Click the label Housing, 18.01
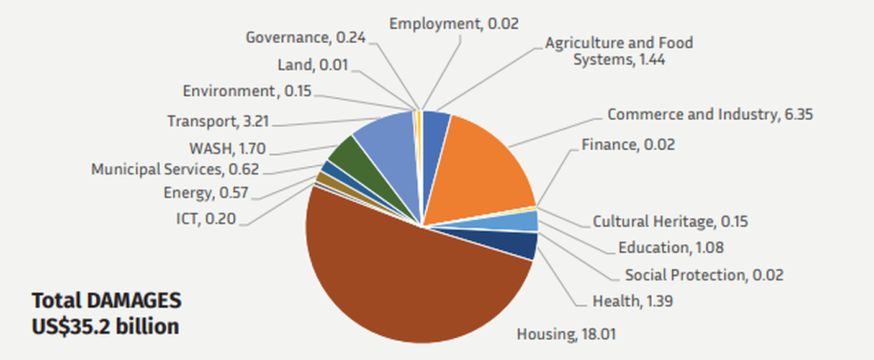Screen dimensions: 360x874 coord(566,335)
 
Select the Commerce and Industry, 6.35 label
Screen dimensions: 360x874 coord(710,115)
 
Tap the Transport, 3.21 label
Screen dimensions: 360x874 coord(218,121)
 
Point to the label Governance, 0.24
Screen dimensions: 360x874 coord(305,38)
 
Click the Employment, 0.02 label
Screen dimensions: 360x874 coord(454,24)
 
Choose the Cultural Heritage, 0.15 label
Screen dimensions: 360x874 coord(670,222)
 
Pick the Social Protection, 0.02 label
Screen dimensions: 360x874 coord(704,274)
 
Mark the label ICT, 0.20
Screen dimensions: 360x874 coord(205,218)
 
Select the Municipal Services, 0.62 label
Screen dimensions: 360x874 coord(174,169)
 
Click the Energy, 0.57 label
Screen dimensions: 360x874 coord(205,193)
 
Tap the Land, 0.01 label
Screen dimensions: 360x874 coord(313,65)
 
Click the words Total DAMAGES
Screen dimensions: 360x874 coord(107,301)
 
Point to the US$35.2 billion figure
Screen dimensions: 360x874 coord(106,326)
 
